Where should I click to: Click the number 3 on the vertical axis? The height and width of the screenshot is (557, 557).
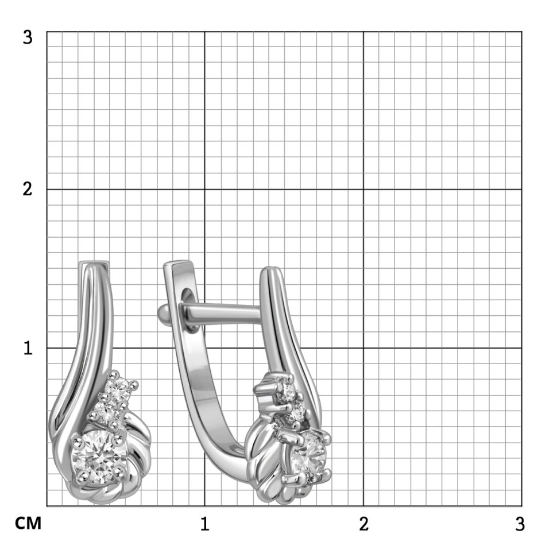(x=28, y=37)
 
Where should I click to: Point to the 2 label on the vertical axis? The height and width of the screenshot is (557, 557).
(x=28, y=189)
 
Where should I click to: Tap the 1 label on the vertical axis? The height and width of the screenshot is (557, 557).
(x=28, y=348)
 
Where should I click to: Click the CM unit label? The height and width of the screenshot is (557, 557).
(x=28, y=523)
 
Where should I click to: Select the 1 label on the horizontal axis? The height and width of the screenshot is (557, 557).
(x=204, y=524)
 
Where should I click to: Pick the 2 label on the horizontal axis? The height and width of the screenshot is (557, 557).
(x=363, y=524)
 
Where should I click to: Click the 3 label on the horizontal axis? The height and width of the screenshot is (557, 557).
(x=520, y=524)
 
